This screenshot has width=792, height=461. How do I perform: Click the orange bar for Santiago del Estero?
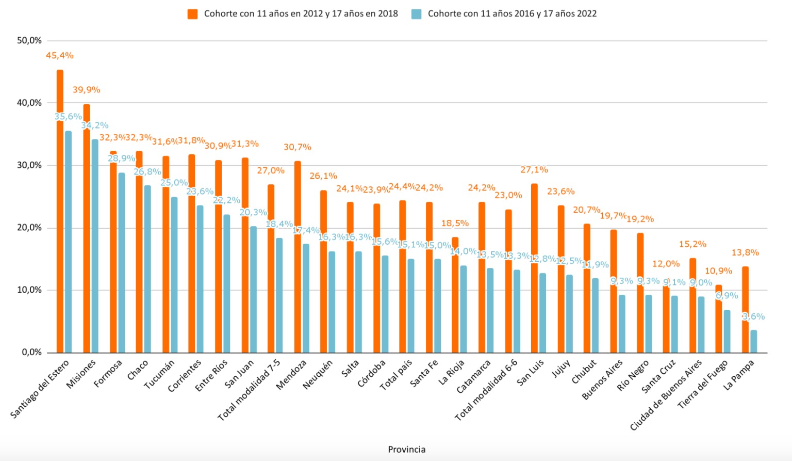coord(60,212)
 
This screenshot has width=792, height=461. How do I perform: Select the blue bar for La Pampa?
coord(753,341)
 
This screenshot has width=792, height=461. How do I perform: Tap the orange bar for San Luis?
coord(534,268)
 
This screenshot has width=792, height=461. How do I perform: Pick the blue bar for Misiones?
coord(95,246)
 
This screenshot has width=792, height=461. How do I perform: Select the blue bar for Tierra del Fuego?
coord(727,331)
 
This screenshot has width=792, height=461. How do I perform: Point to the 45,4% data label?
coord(60,55)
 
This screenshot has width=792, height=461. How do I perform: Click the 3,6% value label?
coord(753,316)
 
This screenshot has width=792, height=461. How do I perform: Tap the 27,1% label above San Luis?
coord(534,169)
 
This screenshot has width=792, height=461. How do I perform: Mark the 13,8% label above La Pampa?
coord(745,252)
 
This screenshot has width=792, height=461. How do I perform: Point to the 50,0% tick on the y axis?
coord(29,40)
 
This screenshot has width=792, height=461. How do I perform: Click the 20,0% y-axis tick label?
coord(29,228)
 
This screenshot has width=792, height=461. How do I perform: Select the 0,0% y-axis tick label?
coord(31,352)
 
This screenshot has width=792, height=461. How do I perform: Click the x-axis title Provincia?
coord(407,449)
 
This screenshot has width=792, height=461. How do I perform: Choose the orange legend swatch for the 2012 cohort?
coord(192,14)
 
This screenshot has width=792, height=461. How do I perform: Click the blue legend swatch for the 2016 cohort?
coord(416,14)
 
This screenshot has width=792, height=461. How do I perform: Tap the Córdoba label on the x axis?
coord(372,373)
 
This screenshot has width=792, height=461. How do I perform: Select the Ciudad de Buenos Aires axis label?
coord(666,395)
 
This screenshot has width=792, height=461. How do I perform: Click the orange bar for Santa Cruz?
coord(666,319)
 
